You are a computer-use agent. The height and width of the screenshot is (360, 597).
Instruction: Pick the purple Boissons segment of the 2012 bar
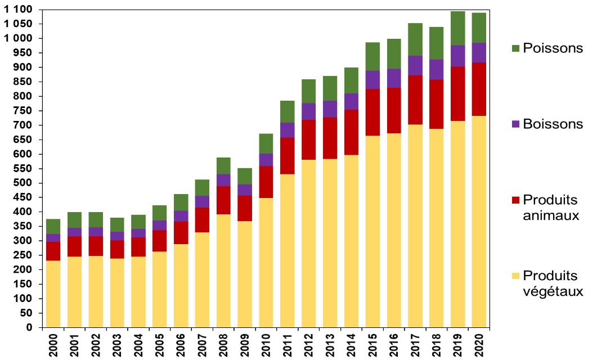pos(309,111)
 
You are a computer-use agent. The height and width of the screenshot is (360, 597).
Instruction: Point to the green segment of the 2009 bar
pos(245,176)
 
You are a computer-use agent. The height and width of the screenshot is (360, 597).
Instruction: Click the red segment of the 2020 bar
pos(479,89)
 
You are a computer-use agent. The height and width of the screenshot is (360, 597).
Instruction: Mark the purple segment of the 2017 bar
pos(415,65)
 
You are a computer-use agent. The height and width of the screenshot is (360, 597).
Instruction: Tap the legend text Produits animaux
pos(550,208)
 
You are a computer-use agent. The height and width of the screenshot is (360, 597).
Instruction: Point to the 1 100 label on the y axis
pos(19,10)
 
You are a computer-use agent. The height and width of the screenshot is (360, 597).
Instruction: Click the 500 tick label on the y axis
pos(23,183)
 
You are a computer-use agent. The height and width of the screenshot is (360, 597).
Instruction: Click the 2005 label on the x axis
pos(160,344)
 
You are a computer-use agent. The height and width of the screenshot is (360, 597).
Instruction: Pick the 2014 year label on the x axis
pos(352,344)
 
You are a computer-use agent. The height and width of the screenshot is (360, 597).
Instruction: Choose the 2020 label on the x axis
pos(479,344)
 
